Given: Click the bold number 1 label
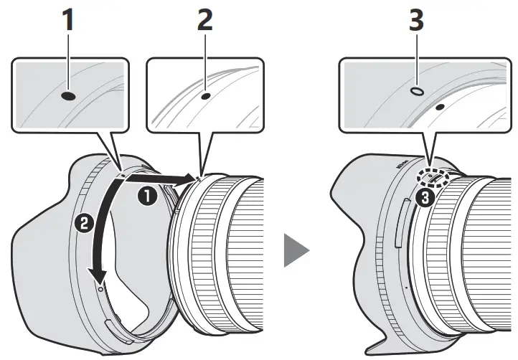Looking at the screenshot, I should [69, 22].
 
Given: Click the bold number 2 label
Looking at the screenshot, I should [204, 22].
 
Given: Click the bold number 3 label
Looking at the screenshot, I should [416, 22].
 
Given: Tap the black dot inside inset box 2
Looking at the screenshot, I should [206, 94].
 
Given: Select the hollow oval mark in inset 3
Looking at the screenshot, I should [416, 92].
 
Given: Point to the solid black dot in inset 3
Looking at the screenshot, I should [439, 105].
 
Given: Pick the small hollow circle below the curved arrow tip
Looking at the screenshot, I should [100, 288].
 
